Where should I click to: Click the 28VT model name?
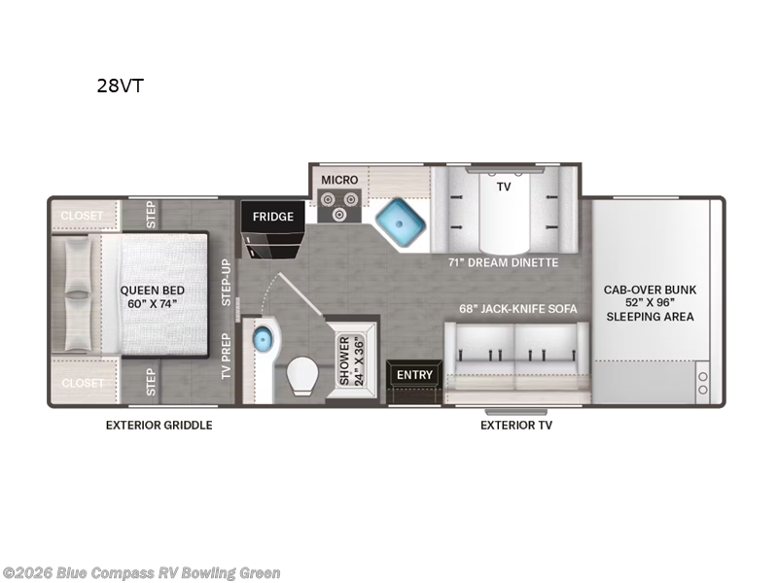pyautogui.click(x=121, y=85)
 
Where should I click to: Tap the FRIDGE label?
pyautogui.click(x=273, y=217)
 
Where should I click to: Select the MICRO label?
pyautogui.click(x=340, y=180)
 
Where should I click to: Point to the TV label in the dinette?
pyautogui.click(x=504, y=187)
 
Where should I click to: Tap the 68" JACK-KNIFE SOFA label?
pyautogui.click(x=518, y=309)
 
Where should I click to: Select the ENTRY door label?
pyautogui.click(x=414, y=375)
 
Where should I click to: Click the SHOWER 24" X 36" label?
pyautogui.click(x=343, y=360)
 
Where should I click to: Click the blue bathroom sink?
pyautogui.click(x=263, y=340)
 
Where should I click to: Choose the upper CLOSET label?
pyautogui.click(x=83, y=216)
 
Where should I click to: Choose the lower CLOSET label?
pyautogui.click(x=83, y=383)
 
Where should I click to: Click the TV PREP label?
pyautogui.click(x=226, y=355)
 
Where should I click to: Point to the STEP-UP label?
pyautogui.click(x=226, y=282)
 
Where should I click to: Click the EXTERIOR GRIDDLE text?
pyautogui.click(x=159, y=425)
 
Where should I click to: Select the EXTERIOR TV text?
pyautogui.click(x=516, y=425)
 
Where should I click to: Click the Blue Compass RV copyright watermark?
pyautogui.click(x=141, y=573)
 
